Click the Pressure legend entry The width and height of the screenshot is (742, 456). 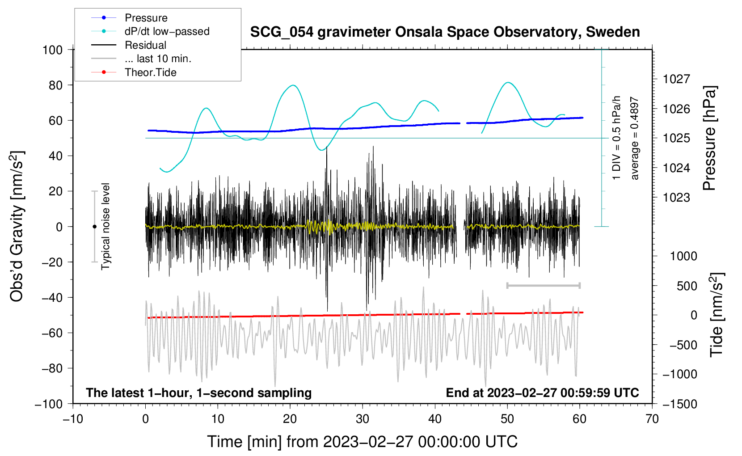[x=129, y=17]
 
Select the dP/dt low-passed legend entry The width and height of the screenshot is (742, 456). [x=150, y=31]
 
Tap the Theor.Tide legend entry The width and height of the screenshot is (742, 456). [x=134, y=72]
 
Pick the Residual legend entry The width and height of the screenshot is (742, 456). [x=129, y=45]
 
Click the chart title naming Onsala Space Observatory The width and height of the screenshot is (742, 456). [x=445, y=32]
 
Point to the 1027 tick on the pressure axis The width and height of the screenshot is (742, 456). [x=676, y=79]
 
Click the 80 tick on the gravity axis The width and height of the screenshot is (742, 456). [x=55, y=85]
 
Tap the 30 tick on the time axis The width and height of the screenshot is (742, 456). [x=363, y=419]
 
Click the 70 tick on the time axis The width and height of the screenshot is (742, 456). [x=652, y=419]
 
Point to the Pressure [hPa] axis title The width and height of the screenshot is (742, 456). [x=709, y=138]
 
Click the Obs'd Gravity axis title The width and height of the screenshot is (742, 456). [x=17, y=226]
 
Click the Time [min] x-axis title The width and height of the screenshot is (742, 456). [x=362, y=442]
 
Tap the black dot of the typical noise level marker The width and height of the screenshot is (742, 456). [x=94, y=227]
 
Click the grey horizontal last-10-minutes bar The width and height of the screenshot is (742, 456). [x=543, y=285]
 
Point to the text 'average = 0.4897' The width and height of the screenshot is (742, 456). [x=634, y=138]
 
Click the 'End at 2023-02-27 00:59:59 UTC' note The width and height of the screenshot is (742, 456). [x=542, y=393]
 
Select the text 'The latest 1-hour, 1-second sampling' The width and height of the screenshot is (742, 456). [x=199, y=393]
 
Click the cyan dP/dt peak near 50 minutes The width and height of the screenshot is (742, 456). [x=508, y=83]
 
